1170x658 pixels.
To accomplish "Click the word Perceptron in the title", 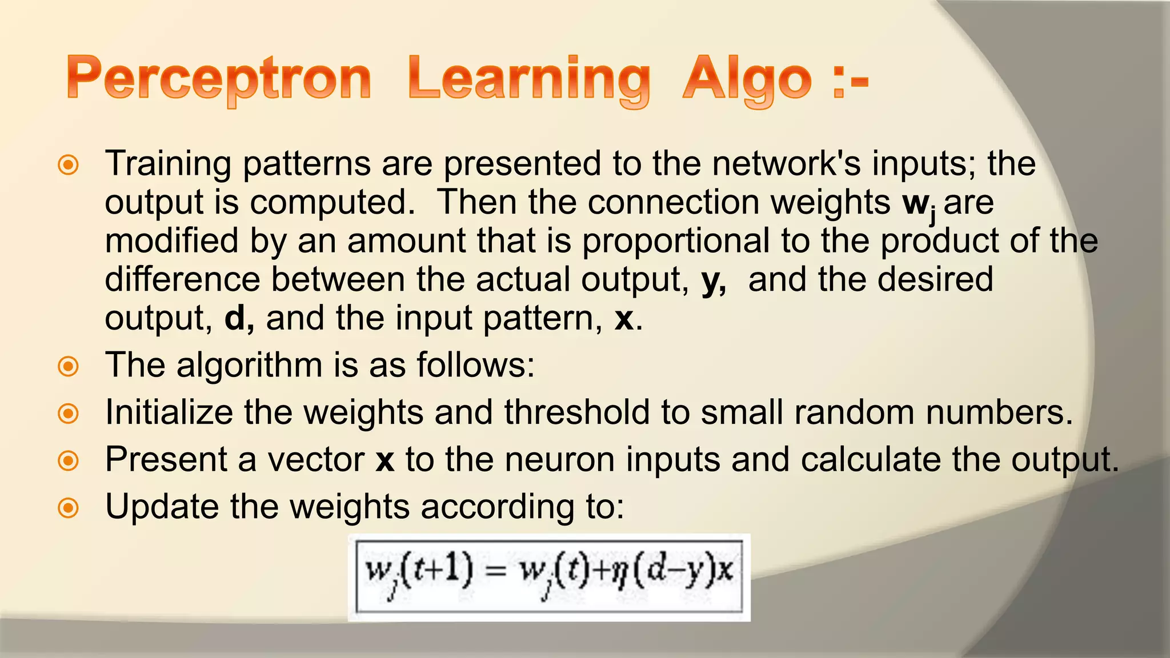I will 219,79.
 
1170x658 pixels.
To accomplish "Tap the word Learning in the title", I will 529,79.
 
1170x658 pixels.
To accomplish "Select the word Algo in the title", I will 747,79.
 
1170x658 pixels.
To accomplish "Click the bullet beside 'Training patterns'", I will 69,166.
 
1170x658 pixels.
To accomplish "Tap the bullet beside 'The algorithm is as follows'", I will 69,366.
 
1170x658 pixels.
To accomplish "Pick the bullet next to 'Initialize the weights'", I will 69,414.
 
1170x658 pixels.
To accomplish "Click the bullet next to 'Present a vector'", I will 69,460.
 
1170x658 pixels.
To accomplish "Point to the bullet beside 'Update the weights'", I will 69,508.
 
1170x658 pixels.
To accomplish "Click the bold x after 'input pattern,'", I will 624,319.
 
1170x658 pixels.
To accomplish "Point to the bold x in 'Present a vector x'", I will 385,460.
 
